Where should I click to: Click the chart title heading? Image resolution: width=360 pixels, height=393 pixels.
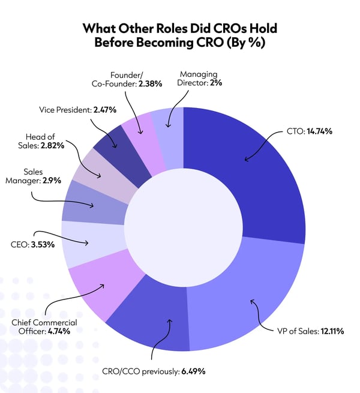(x=180, y=36)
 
